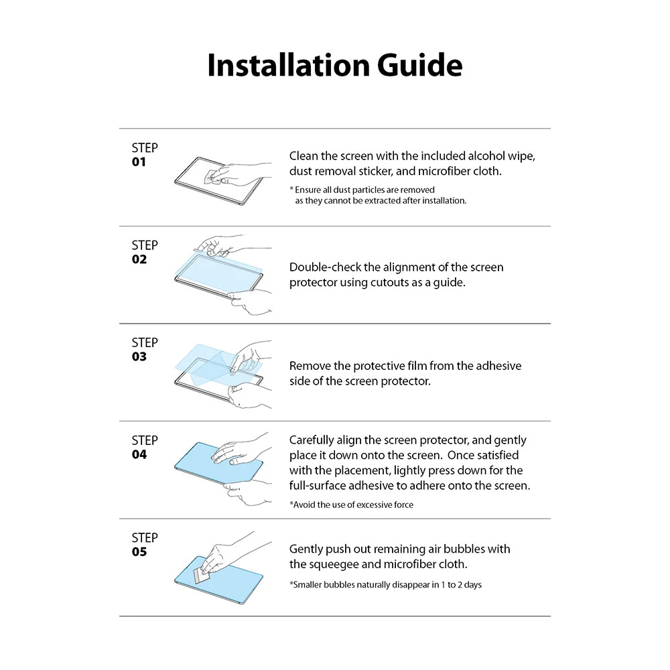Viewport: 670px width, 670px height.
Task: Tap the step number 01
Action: [x=139, y=163]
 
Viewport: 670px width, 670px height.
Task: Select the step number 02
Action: [x=139, y=260]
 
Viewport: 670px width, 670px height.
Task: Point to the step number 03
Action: [x=139, y=357]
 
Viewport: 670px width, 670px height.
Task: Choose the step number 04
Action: [x=139, y=455]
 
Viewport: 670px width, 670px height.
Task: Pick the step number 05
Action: [x=139, y=552]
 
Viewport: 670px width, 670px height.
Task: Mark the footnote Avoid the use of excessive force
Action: [x=351, y=505]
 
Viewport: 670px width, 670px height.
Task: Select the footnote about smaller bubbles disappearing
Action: [x=385, y=585]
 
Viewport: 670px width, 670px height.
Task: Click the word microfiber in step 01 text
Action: [x=439, y=172]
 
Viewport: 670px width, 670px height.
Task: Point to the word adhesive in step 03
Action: [x=496, y=366]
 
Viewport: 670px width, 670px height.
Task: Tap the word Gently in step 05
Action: [x=306, y=549]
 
